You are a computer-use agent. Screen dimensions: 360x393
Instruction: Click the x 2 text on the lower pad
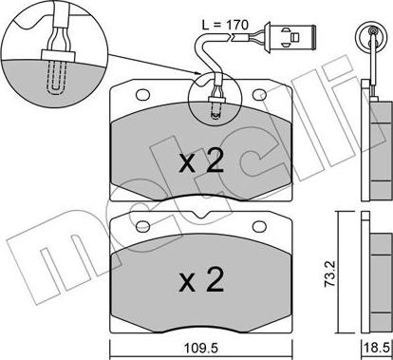point(200,281)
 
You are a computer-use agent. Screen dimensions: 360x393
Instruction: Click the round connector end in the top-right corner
point(370,39)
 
